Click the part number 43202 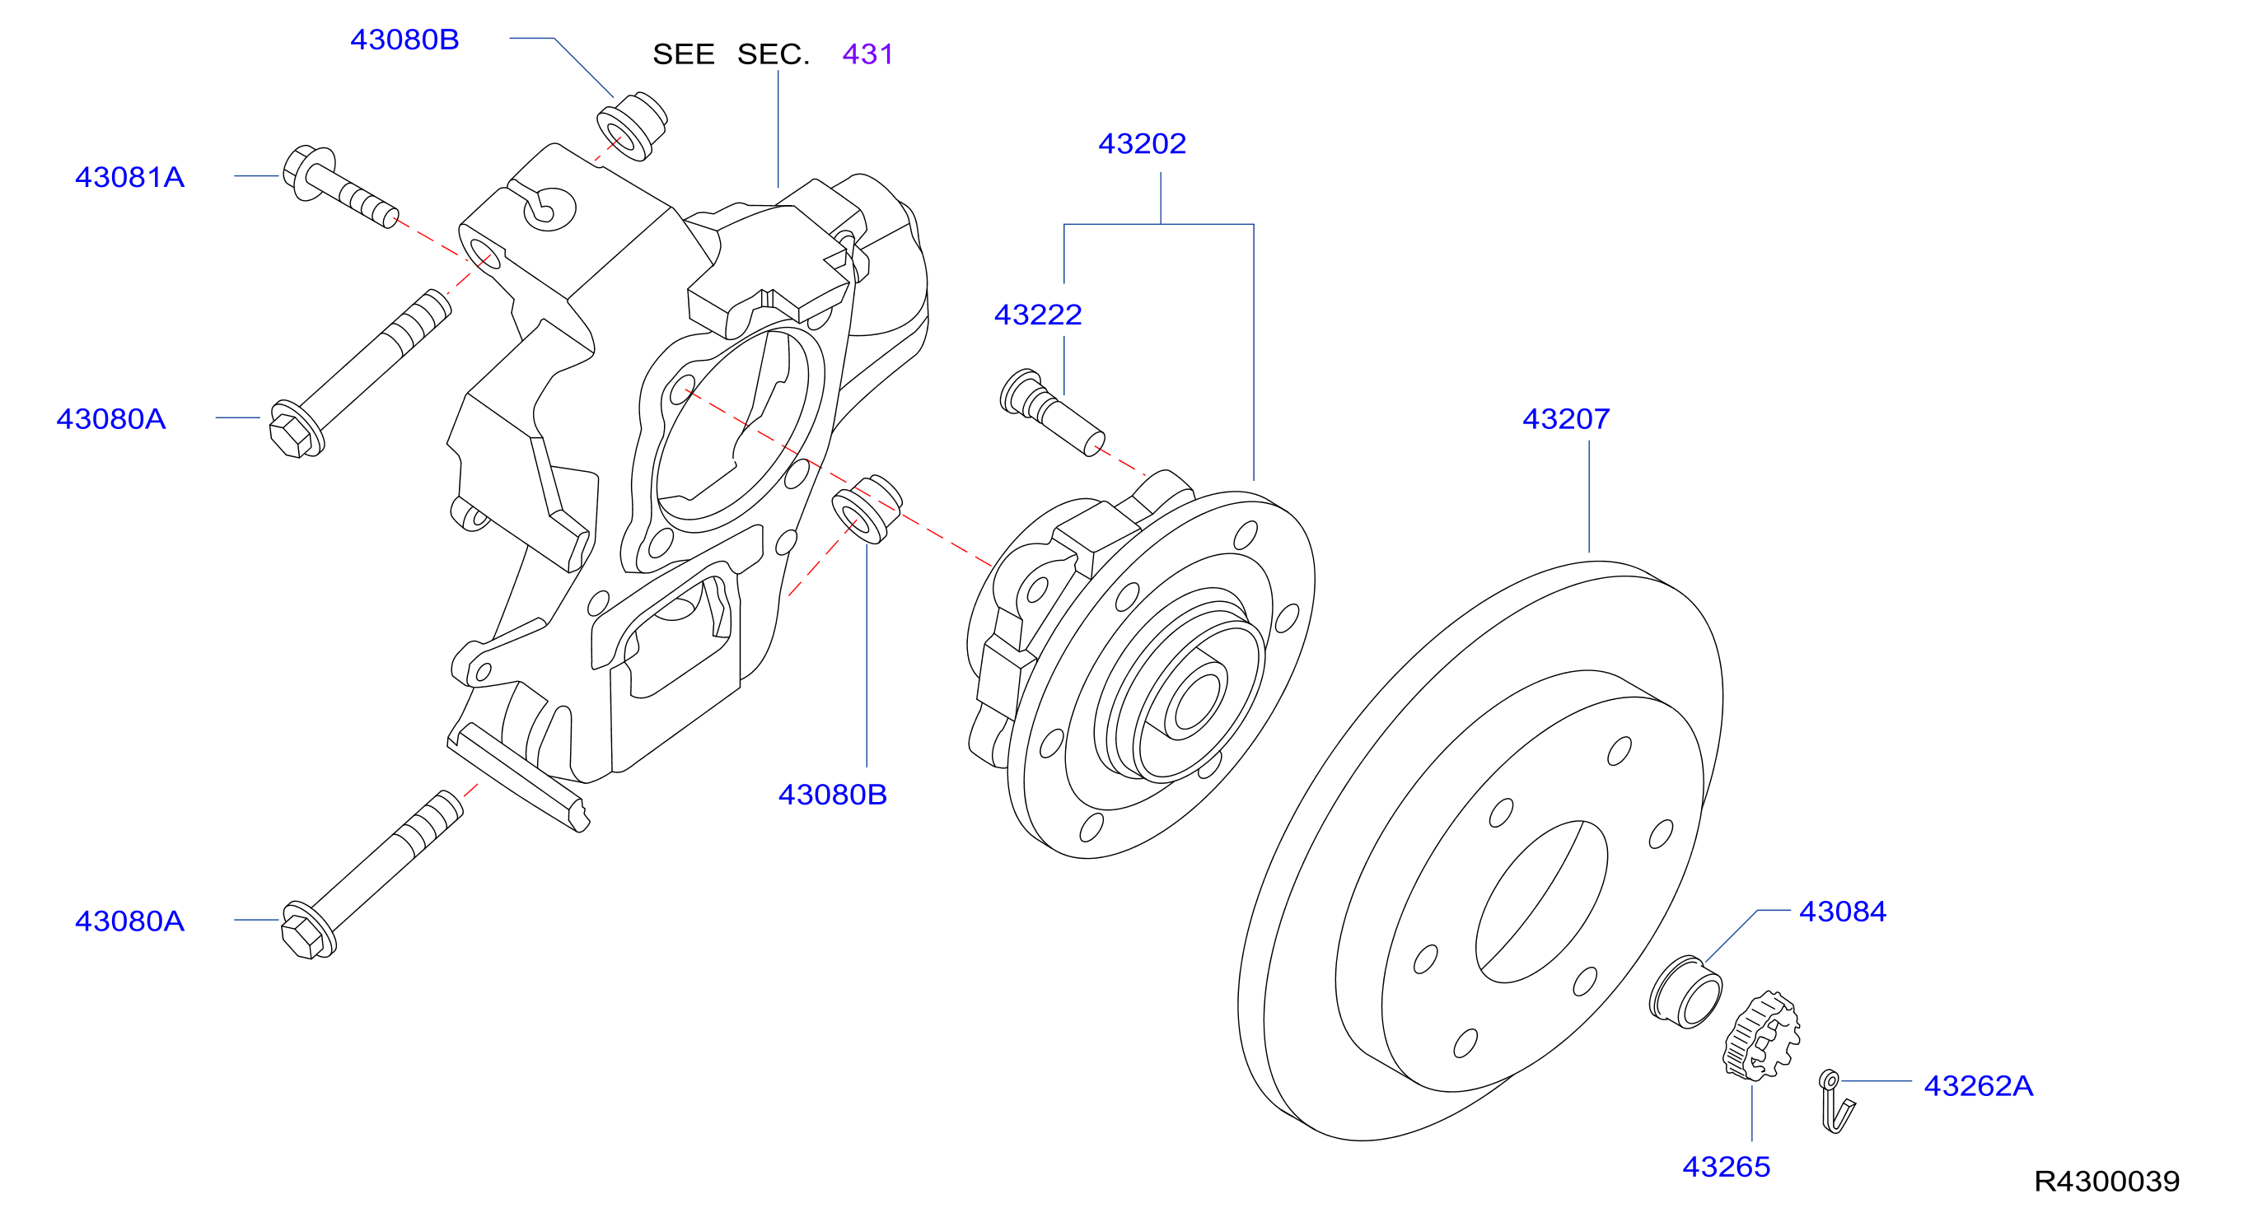(x=1142, y=143)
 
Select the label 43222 (x=1038, y=314)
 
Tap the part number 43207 (x=1566, y=419)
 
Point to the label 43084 (x=1842, y=912)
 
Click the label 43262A (x=1979, y=1085)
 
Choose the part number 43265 (x=1726, y=1167)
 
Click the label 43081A (x=129, y=177)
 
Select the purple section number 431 (x=867, y=54)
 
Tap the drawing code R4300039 (x=2107, y=1181)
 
